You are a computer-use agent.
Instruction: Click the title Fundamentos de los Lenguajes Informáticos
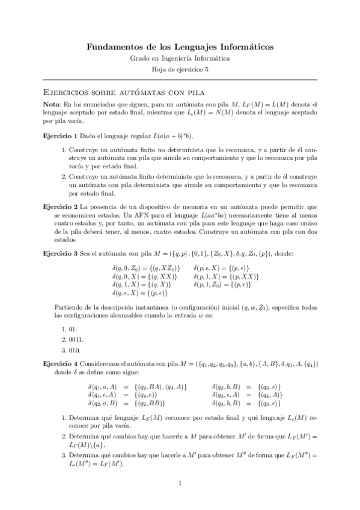coord(180,46)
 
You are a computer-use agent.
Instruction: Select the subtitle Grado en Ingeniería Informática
coord(180,58)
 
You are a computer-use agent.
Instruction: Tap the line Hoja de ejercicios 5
coord(180,70)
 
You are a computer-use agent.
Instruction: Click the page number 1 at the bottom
coord(180,484)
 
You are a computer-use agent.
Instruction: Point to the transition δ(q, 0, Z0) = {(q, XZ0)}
coord(145,268)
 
